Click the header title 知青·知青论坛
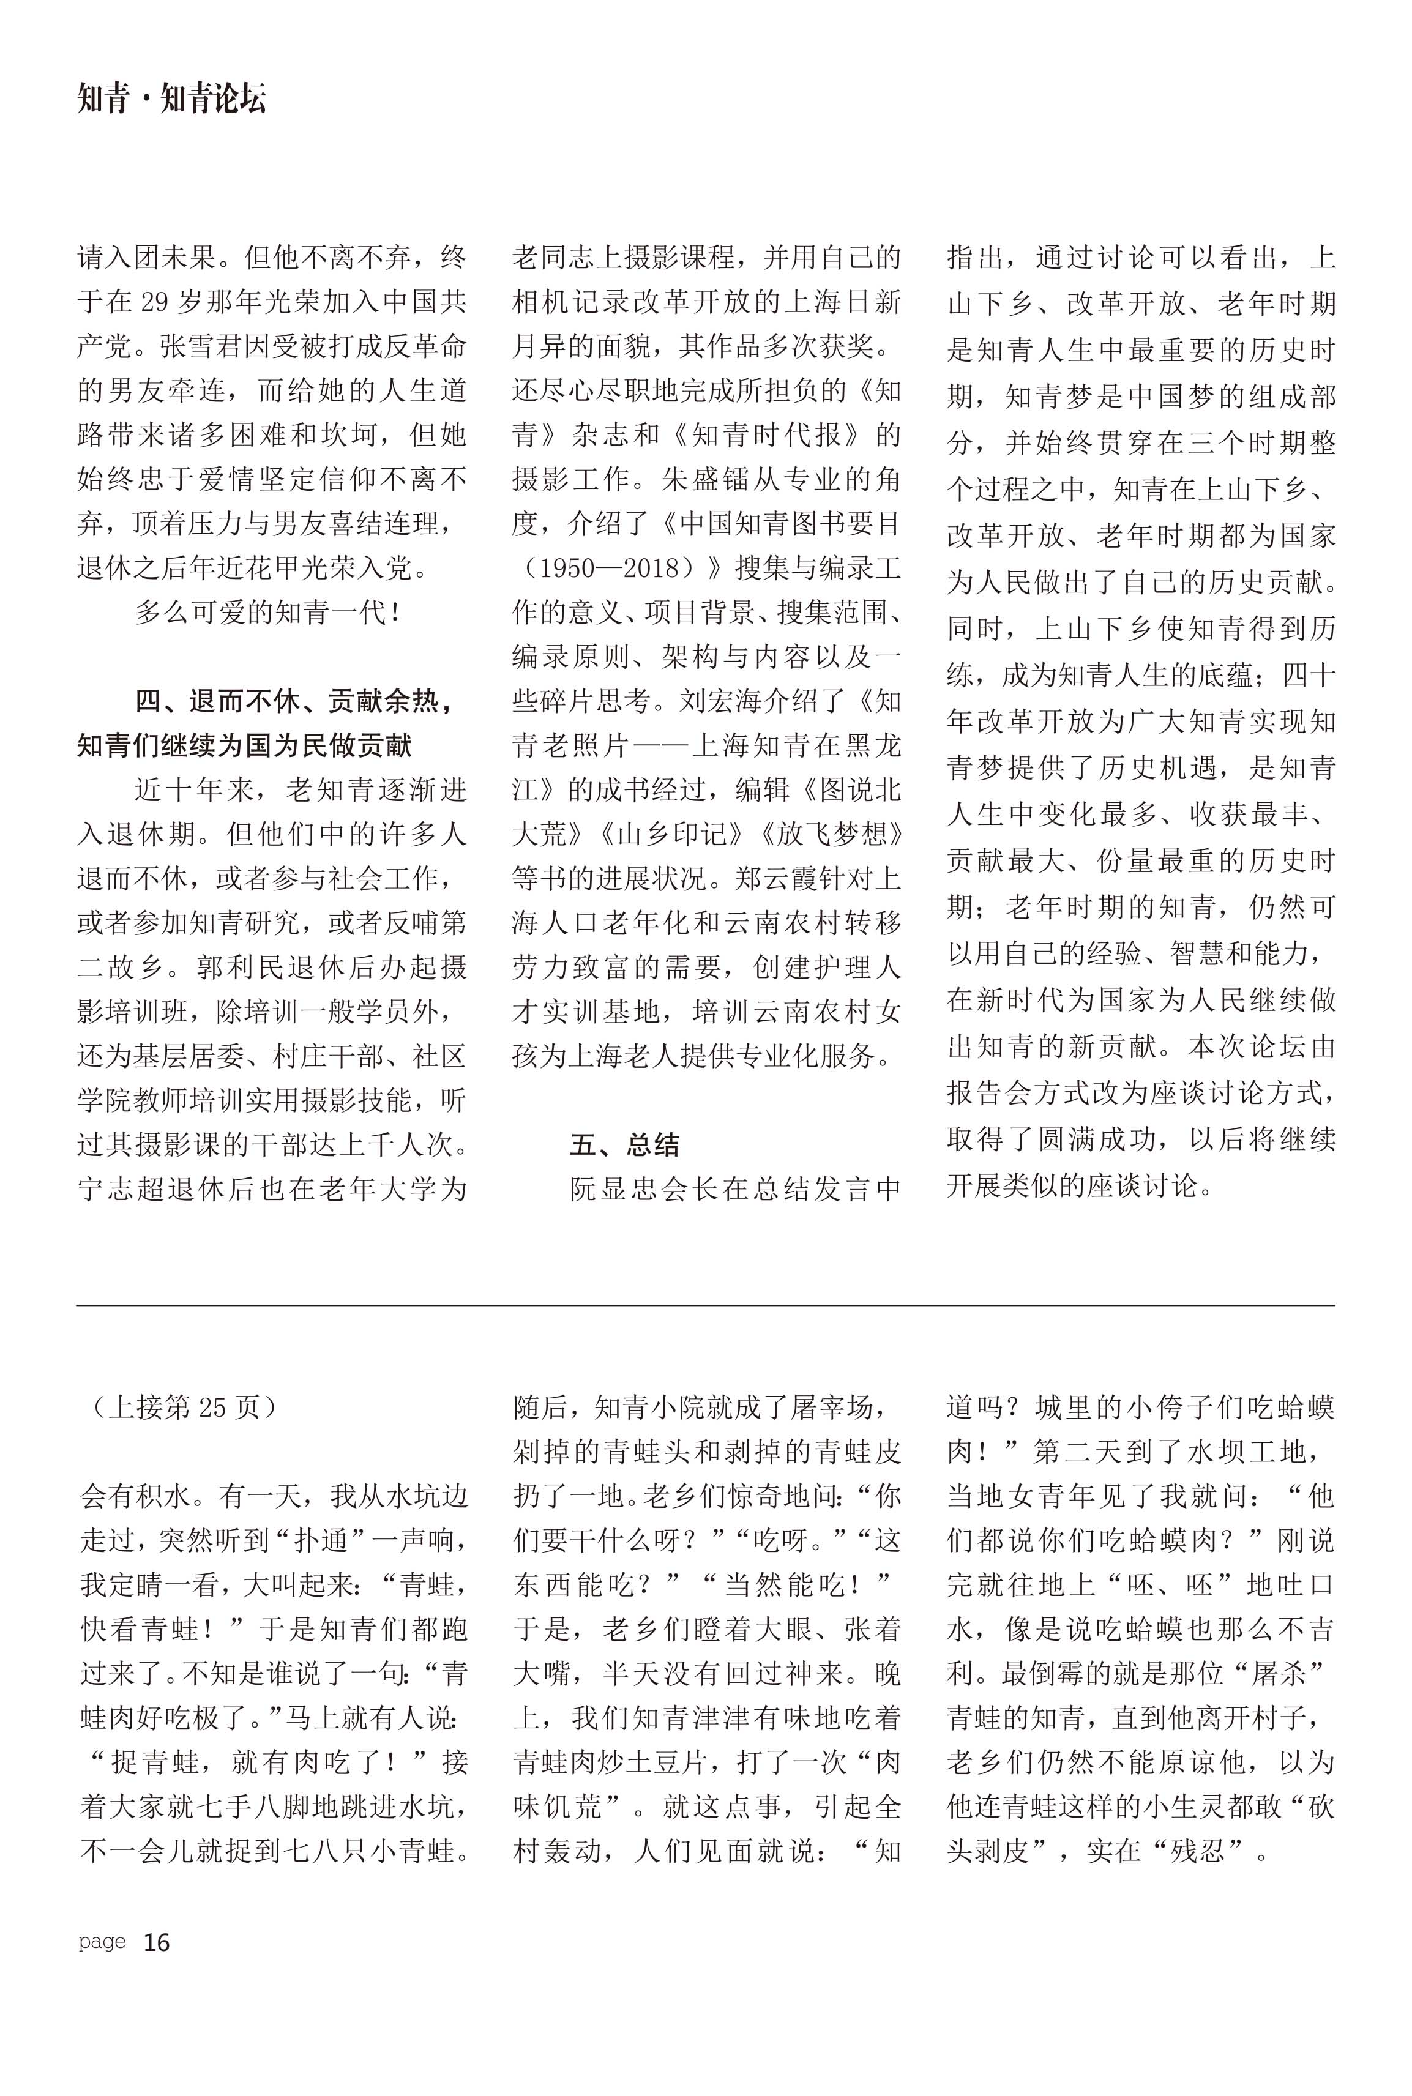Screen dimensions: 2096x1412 (x=172, y=99)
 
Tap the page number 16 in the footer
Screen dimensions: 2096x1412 (x=157, y=1942)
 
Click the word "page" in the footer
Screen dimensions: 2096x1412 (x=102, y=1941)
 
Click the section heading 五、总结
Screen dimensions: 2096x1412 (x=624, y=1144)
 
